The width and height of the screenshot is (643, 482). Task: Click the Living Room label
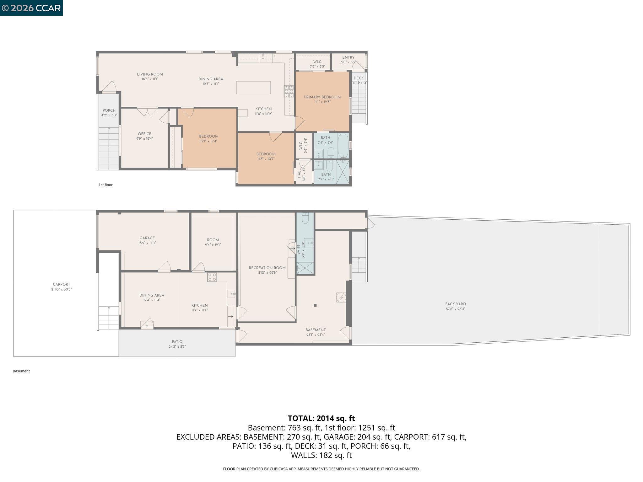pos(150,74)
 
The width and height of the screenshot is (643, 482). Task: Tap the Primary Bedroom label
pos(322,97)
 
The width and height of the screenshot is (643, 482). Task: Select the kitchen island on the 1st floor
pos(253,88)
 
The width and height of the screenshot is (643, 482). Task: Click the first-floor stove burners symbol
pos(289,91)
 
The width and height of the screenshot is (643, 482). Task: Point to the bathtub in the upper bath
pos(343,146)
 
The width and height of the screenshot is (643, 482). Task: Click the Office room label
pos(144,134)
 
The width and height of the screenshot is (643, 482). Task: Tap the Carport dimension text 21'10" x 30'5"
pos(62,289)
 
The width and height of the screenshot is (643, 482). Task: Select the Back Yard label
pos(455,304)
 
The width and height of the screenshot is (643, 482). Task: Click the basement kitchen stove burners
pos(212,277)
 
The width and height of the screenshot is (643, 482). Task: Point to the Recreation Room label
pos(267,268)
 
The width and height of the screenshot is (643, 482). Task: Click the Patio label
pos(177,342)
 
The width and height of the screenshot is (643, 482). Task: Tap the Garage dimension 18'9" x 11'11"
pos(147,243)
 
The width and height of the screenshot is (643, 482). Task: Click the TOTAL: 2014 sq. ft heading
pos(321,418)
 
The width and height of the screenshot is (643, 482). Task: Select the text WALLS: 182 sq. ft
pos(321,455)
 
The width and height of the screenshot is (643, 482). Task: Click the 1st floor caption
pos(105,185)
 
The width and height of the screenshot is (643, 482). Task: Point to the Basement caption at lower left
pos(21,371)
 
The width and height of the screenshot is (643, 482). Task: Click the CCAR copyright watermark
pos(31,8)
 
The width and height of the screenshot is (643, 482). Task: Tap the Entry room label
pos(348,57)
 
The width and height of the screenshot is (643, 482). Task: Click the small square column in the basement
pos(315,305)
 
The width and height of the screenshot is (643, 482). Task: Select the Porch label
pos(109,110)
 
